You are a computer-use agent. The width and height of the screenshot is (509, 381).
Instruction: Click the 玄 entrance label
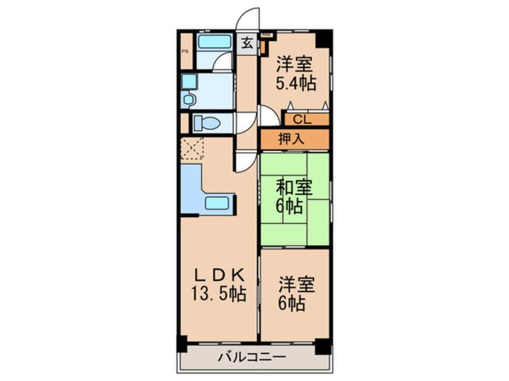click(x=247, y=43)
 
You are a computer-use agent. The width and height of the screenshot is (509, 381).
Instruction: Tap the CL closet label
click(x=303, y=119)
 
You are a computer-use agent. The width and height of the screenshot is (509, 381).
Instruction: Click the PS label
click(x=185, y=51)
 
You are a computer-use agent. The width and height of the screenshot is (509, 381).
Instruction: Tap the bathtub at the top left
click(x=214, y=42)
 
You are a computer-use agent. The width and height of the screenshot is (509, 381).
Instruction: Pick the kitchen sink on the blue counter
click(x=217, y=203)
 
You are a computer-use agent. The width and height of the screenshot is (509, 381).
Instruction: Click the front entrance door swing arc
click(x=247, y=18)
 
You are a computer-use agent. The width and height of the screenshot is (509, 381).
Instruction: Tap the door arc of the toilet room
click(x=244, y=122)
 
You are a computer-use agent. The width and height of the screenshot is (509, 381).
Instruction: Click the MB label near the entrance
click(x=265, y=35)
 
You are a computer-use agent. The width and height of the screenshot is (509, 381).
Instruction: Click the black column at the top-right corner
click(x=323, y=38)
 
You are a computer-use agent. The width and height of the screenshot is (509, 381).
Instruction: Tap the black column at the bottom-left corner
click(x=182, y=344)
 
